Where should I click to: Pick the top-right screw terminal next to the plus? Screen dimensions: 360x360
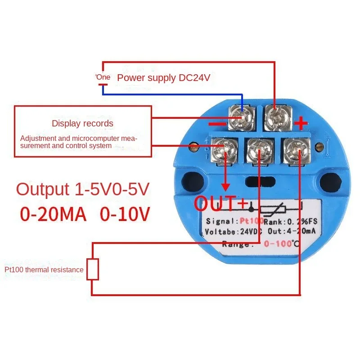(276, 116)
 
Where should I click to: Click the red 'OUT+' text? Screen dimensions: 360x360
(220, 203)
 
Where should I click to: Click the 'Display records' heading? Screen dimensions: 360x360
(82, 123)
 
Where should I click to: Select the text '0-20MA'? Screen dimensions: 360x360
(53, 214)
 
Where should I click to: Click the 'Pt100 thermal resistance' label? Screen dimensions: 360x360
(44, 270)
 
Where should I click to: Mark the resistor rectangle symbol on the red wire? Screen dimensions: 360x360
(93, 270)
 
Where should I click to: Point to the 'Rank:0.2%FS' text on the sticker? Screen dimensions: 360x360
(287, 221)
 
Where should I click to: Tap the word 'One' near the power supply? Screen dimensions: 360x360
(103, 77)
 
